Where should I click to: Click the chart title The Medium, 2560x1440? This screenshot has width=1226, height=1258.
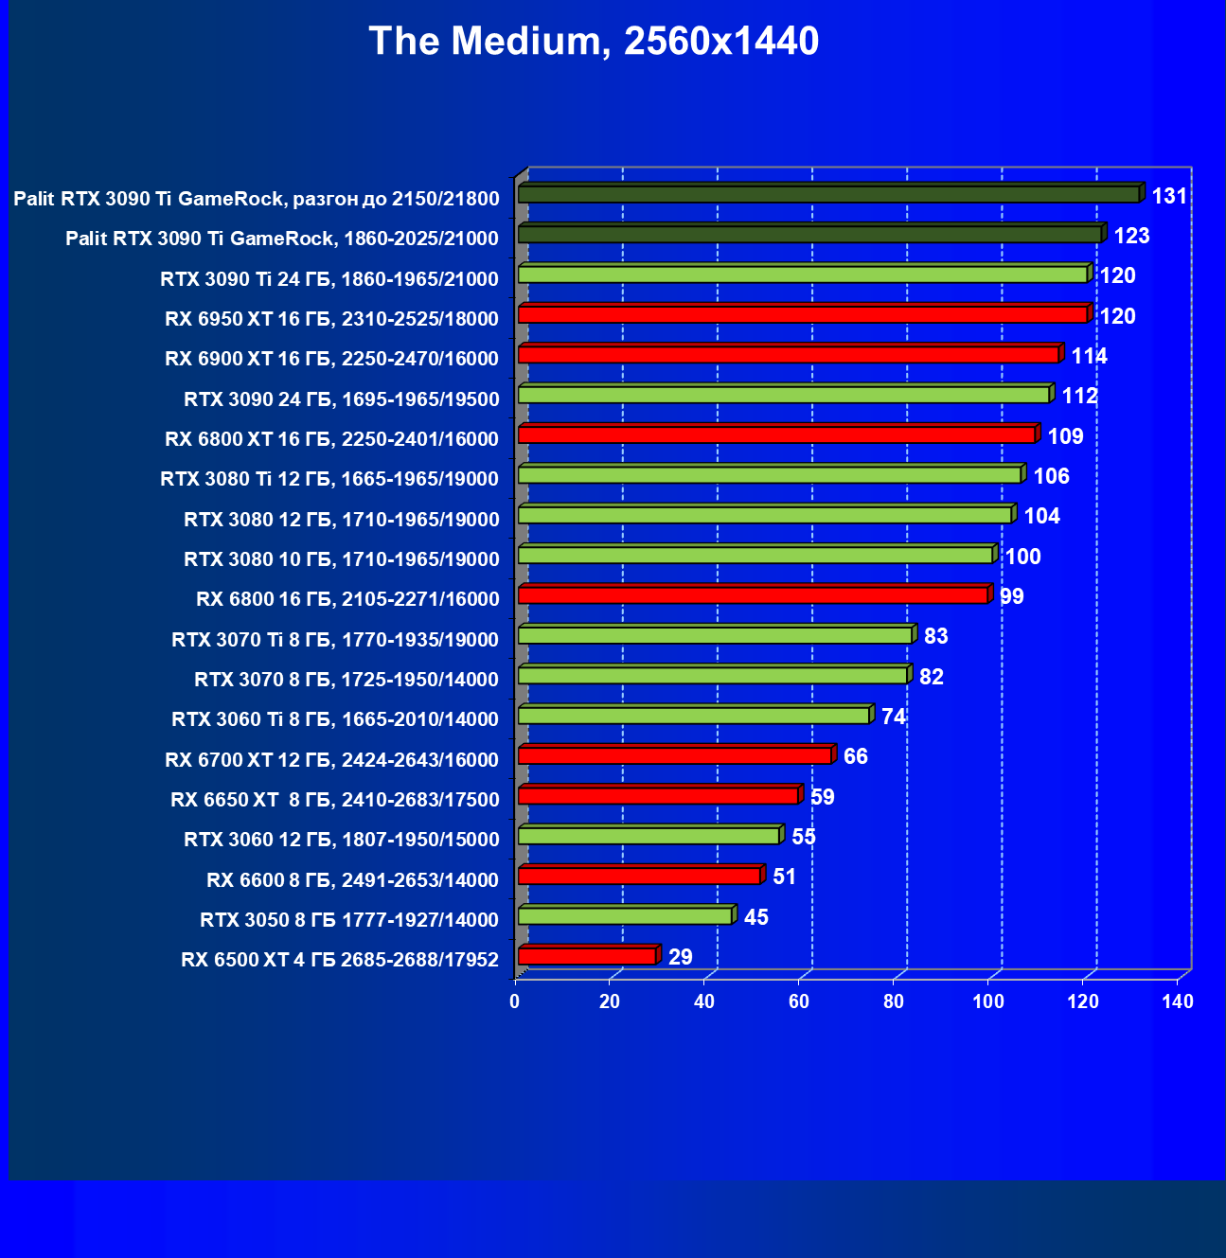point(594,42)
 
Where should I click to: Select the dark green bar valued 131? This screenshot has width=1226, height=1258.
point(828,194)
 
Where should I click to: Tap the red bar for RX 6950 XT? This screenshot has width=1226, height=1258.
point(803,314)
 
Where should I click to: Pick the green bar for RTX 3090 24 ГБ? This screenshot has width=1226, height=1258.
point(784,395)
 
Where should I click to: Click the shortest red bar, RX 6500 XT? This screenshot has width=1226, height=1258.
point(587,956)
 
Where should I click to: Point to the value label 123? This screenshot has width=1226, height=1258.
point(1131,236)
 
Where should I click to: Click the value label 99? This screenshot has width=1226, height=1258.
point(1011,596)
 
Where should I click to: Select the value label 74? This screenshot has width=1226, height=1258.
point(893,717)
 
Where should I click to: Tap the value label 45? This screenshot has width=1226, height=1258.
point(755,917)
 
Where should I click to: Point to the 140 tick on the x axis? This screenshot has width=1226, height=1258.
point(1178,1001)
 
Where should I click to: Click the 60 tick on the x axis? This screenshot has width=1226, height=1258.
point(799,1001)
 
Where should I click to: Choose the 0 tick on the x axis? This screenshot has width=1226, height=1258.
point(515,1001)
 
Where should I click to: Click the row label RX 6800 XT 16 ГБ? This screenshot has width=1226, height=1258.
point(331,439)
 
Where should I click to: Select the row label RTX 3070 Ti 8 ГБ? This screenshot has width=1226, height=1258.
point(335,640)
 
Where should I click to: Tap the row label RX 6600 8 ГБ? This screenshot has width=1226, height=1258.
point(352,880)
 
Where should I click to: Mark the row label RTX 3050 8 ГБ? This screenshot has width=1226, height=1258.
point(349,920)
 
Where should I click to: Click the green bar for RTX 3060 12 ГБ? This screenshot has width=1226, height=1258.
point(649,836)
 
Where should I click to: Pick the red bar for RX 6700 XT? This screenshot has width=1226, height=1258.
point(674,755)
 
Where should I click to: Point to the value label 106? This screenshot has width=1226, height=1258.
point(1051,476)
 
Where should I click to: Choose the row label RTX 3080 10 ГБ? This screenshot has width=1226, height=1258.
point(342,559)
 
